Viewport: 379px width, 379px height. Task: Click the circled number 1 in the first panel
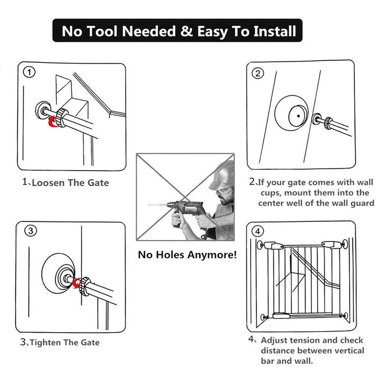pyautogui.click(x=29, y=72)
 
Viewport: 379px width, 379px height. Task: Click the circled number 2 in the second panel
pyautogui.click(x=258, y=73)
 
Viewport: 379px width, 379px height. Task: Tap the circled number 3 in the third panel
pyautogui.click(x=31, y=231)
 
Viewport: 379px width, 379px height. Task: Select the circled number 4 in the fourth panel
pyautogui.click(x=258, y=231)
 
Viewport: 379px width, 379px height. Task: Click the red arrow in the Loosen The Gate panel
pyautogui.click(x=53, y=121)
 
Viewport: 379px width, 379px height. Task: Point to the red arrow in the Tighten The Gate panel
pyautogui.click(x=77, y=283)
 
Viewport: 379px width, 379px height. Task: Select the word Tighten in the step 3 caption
pyautogui.click(x=45, y=343)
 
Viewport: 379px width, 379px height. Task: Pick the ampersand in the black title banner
pyautogui.click(x=186, y=31)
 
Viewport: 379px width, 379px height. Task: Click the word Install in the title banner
pyautogui.click(x=275, y=31)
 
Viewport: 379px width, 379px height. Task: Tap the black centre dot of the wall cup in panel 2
pyautogui.click(x=298, y=116)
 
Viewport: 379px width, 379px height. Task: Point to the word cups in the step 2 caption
pyautogui.click(x=270, y=193)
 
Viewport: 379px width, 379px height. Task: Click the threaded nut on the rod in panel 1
pyautogui.click(x=61, y=117)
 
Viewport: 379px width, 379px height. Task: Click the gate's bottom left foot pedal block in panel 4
pyautogui.click(x=281, y=316)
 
